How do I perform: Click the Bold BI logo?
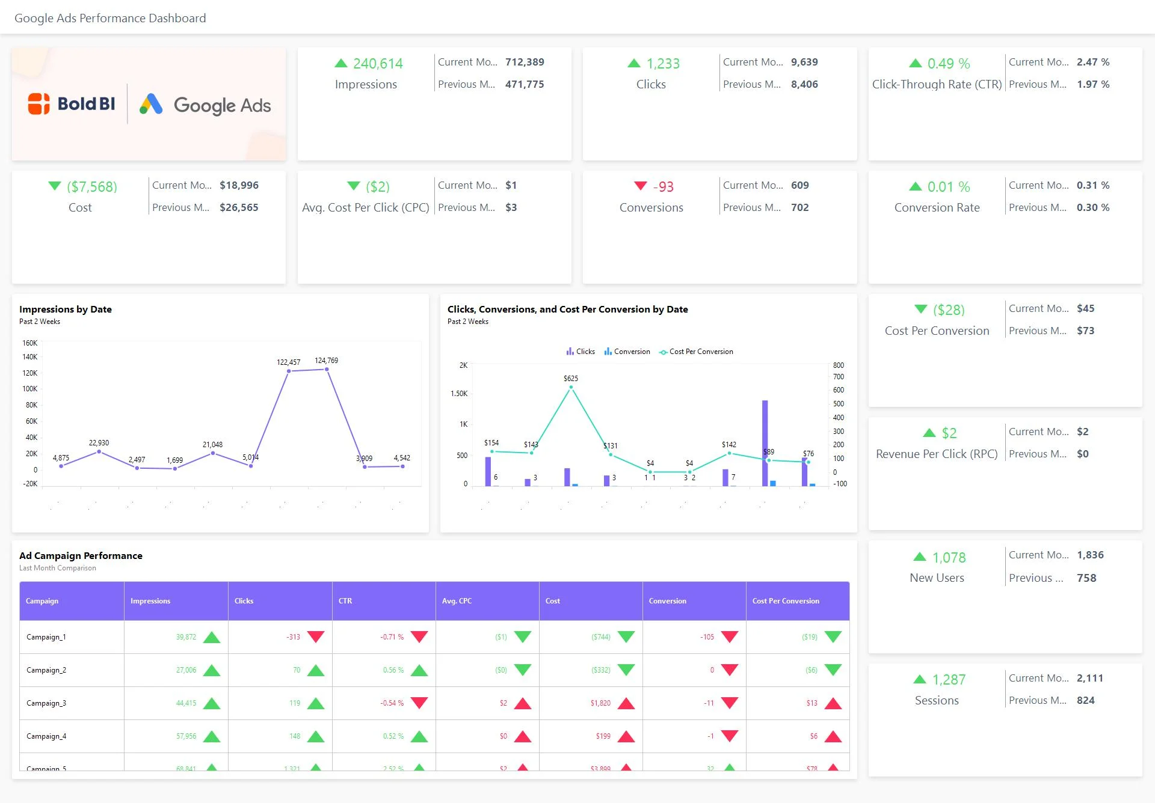tap(72, 104)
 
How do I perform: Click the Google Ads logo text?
tap(221, 105)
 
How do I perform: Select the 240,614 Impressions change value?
tap(377, 64)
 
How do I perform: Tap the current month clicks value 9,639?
tap(804, 62)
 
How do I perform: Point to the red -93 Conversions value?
tap(663, 187)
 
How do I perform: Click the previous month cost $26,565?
tap(239, 207)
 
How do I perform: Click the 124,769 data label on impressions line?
tap(326, 361)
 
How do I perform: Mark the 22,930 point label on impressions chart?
tap(99, 443)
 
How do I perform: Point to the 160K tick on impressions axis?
tap(29, 343)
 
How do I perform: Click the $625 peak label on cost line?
tap(570, 379)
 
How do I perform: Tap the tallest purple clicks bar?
tap(765, 442)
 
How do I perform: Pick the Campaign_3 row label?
tap(46, 703)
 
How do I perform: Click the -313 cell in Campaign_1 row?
tap(293, 637)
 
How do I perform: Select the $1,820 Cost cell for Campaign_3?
tap(600, 703)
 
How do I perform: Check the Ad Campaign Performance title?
tap(81, 556)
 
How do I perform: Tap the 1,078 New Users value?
tap(949, 558)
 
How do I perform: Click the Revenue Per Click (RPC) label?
tap(936, 454)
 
